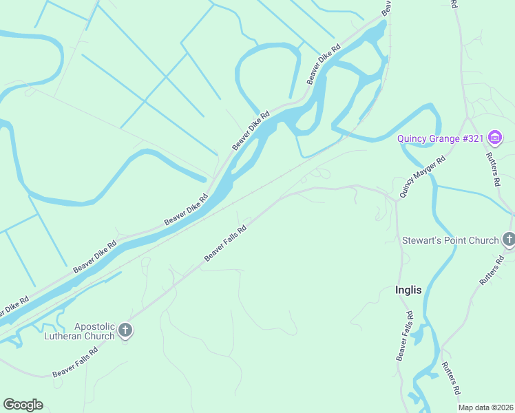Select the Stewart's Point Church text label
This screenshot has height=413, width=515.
(450, 240)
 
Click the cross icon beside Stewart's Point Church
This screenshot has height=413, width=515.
(509, 240)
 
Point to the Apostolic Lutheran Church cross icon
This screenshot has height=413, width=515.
(125, 330)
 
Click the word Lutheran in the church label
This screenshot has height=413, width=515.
(70, 336)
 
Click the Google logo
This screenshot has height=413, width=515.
(23, 404)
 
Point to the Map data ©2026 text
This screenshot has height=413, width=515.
(485, 407)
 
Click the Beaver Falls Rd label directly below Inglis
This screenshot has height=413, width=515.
(405, 336)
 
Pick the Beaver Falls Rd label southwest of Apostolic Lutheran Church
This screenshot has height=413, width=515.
(75, 362)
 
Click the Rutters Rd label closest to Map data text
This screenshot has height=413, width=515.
(451, 378)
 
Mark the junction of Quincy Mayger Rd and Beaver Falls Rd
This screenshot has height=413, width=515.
(396, 200)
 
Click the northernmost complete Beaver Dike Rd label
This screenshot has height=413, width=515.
(324, 65)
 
